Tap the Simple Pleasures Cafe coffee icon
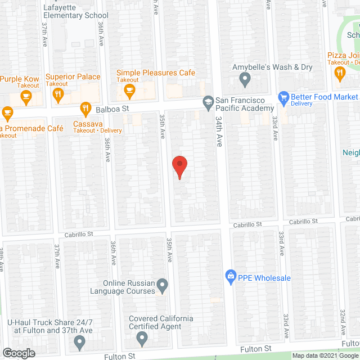(x=130, y=90)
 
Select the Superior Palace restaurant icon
(x=57, y=96)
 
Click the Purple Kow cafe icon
(x=25, y=97)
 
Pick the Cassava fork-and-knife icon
(x=85, y=109)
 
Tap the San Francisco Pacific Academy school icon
(x=208, y=101)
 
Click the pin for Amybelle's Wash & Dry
(x=245, y=80)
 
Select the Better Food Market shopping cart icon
(x=284, y=97)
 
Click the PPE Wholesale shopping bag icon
(x=230, y=276)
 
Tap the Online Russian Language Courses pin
(x=162, y=286)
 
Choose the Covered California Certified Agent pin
(x=142, y=338)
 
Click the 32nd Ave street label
(x=342, y=324)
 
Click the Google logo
(x=18, y=353)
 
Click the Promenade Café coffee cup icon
(x=7, y=112)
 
